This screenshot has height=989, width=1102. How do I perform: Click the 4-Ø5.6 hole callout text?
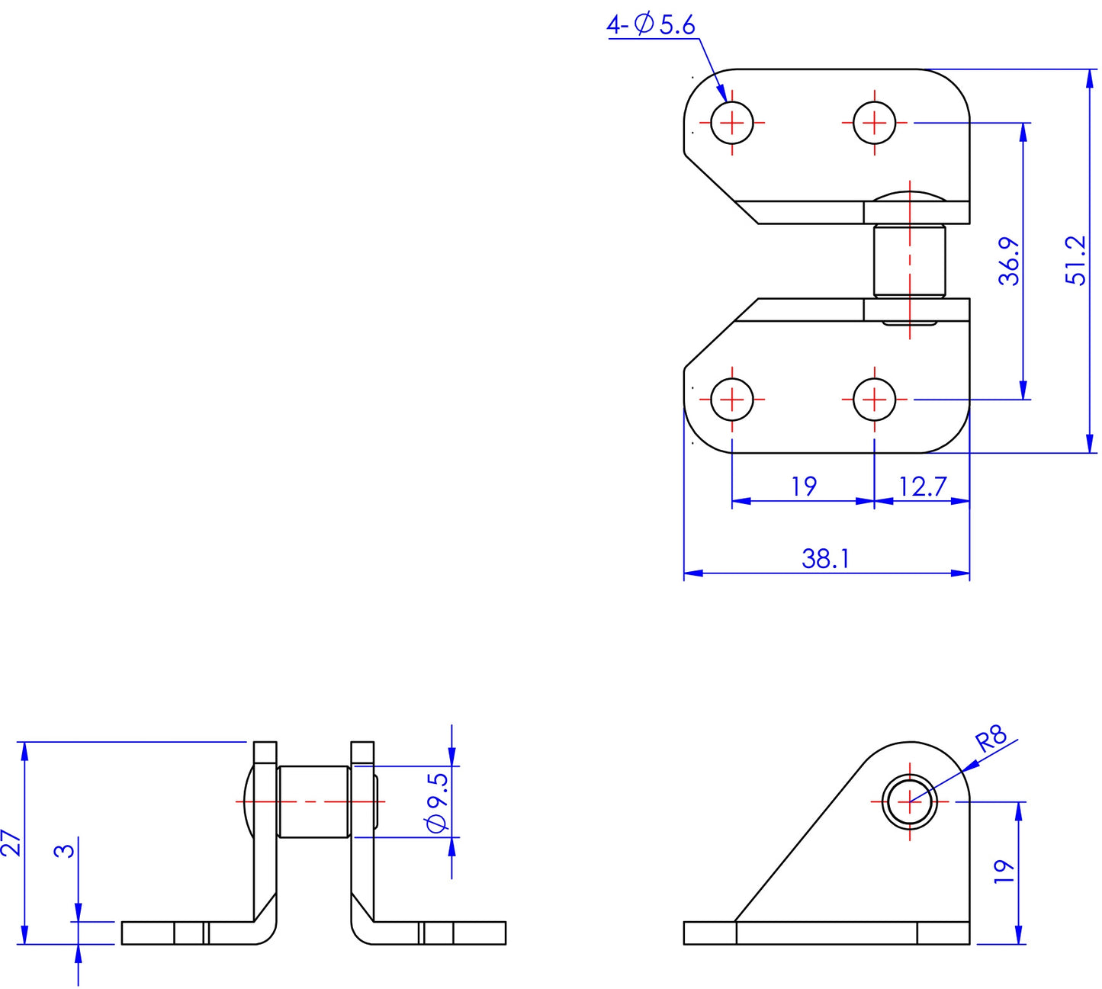coord(651,25)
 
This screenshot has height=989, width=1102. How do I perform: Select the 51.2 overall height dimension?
coord(1076,261)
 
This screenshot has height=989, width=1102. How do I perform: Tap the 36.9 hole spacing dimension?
coord(1010,261)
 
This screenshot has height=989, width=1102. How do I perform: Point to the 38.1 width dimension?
coord(825,559)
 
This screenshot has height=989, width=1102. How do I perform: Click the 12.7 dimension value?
coord(922,486)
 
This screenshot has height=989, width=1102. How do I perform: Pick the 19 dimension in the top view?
coord(804,486)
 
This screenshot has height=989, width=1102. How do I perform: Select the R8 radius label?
coord(991,740)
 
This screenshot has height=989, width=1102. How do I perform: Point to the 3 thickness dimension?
coord(66,849)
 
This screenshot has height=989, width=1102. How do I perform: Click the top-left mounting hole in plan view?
coord(732,122)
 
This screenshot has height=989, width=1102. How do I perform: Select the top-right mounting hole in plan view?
coord(874,122)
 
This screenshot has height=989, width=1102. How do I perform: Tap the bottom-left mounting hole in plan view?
coord(732,399)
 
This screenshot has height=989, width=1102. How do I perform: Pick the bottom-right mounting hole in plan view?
coord(874,399)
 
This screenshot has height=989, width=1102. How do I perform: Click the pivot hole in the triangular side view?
coord(909,802)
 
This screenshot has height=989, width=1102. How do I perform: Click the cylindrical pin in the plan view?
coord(909,261)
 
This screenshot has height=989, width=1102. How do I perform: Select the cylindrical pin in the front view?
coord(314,802)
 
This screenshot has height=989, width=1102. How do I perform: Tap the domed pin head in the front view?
coord(247,802)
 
